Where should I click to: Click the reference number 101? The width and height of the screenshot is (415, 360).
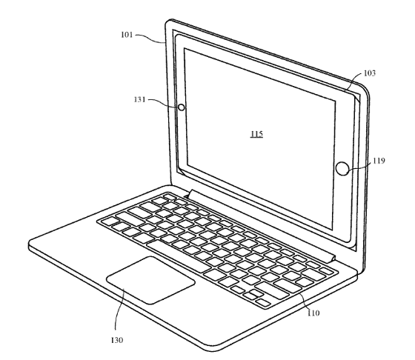(x=127, y=35)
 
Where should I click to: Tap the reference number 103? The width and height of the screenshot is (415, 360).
(x=370, y=73)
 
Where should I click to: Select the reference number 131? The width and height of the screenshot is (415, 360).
(x=140, y=99)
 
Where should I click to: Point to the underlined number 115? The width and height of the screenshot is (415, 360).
(x=256, y=134)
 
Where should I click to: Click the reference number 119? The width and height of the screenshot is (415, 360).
(x=379, y=161)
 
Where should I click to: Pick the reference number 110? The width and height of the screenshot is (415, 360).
(x=313, y=313)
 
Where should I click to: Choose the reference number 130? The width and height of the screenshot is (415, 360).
(x=117, y=340)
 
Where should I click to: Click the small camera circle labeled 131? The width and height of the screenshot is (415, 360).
(x=182, y=107)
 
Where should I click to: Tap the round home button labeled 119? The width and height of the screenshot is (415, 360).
(x=342, y=168)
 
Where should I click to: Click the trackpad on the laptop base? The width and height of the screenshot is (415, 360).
(x=151, y=280)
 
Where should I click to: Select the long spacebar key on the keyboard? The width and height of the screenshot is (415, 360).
(x=178, y=256)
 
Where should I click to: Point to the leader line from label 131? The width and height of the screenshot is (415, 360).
(x=164, y=103)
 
